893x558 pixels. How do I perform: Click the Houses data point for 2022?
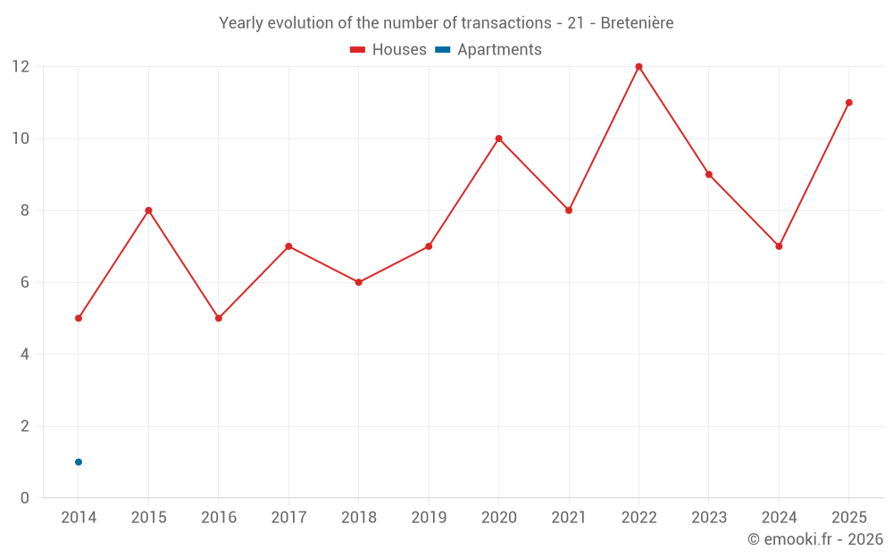pos(638,67)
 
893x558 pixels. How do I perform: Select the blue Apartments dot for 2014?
pos(79,462)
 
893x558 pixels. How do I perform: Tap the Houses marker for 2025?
pos(848,103)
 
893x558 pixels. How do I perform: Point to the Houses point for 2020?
pos(498,138)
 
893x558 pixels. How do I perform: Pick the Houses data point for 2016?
pos(219,319)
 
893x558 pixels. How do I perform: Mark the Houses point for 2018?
pos(359,282)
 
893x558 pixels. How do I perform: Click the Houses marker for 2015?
pos(148,210)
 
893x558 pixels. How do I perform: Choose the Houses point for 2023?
pos(708,174)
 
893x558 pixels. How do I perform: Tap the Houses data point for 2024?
pos(779,246)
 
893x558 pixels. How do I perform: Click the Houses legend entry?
pos(388,49)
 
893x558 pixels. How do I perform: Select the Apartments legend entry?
pos(488,49)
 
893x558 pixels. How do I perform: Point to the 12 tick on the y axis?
pos(21,67)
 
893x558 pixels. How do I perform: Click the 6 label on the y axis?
pos(24,282)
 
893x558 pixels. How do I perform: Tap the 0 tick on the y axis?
pos(24,497)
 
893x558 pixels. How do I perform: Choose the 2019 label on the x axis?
pos(429,517)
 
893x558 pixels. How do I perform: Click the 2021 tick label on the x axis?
pos(569,517)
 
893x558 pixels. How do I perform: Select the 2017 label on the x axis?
pos(288,517)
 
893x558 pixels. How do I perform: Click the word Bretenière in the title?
pos(637,23)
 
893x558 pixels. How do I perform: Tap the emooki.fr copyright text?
pos(815,538)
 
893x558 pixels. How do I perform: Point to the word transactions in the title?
pos(506,23)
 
